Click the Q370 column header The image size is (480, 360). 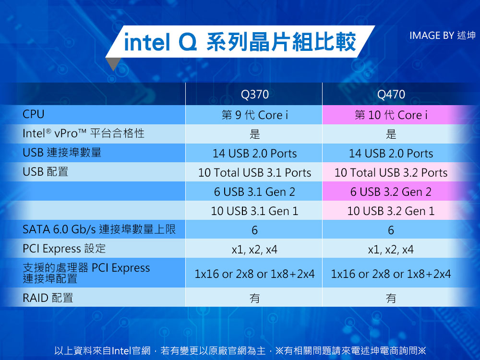(x=255, y=94)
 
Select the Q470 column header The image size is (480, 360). (x=391, y=94)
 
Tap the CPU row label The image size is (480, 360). (x=34, y=114)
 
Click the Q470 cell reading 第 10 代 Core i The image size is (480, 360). (x=391, y=115)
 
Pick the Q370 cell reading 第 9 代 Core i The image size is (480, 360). (x=255, y=115)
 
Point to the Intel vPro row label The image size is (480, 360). (x=83, y=133)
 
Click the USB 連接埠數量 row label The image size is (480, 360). (x=62, y=153)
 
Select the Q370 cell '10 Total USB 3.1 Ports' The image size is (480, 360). (x=255, y=173)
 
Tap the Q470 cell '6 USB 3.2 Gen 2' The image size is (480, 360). (x=391, y=192)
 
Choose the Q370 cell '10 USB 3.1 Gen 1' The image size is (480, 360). (x=255, y=211)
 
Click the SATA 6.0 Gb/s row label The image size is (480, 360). (x=99, y=229)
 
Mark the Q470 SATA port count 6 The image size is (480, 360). (x=391, y=230)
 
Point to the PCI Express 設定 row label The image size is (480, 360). (x=64, y=249)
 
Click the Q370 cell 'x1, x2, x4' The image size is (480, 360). (x=255, y=250)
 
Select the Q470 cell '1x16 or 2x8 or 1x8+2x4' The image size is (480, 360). (x=391, y=274)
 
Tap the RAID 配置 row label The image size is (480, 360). (x=48, y=298)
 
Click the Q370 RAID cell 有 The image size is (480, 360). (x=255, y=298)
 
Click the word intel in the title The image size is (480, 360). (x=147, y=42)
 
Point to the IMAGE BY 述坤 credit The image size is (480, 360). (x=443, y=36)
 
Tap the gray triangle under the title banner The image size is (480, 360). (x=113, y=63)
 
